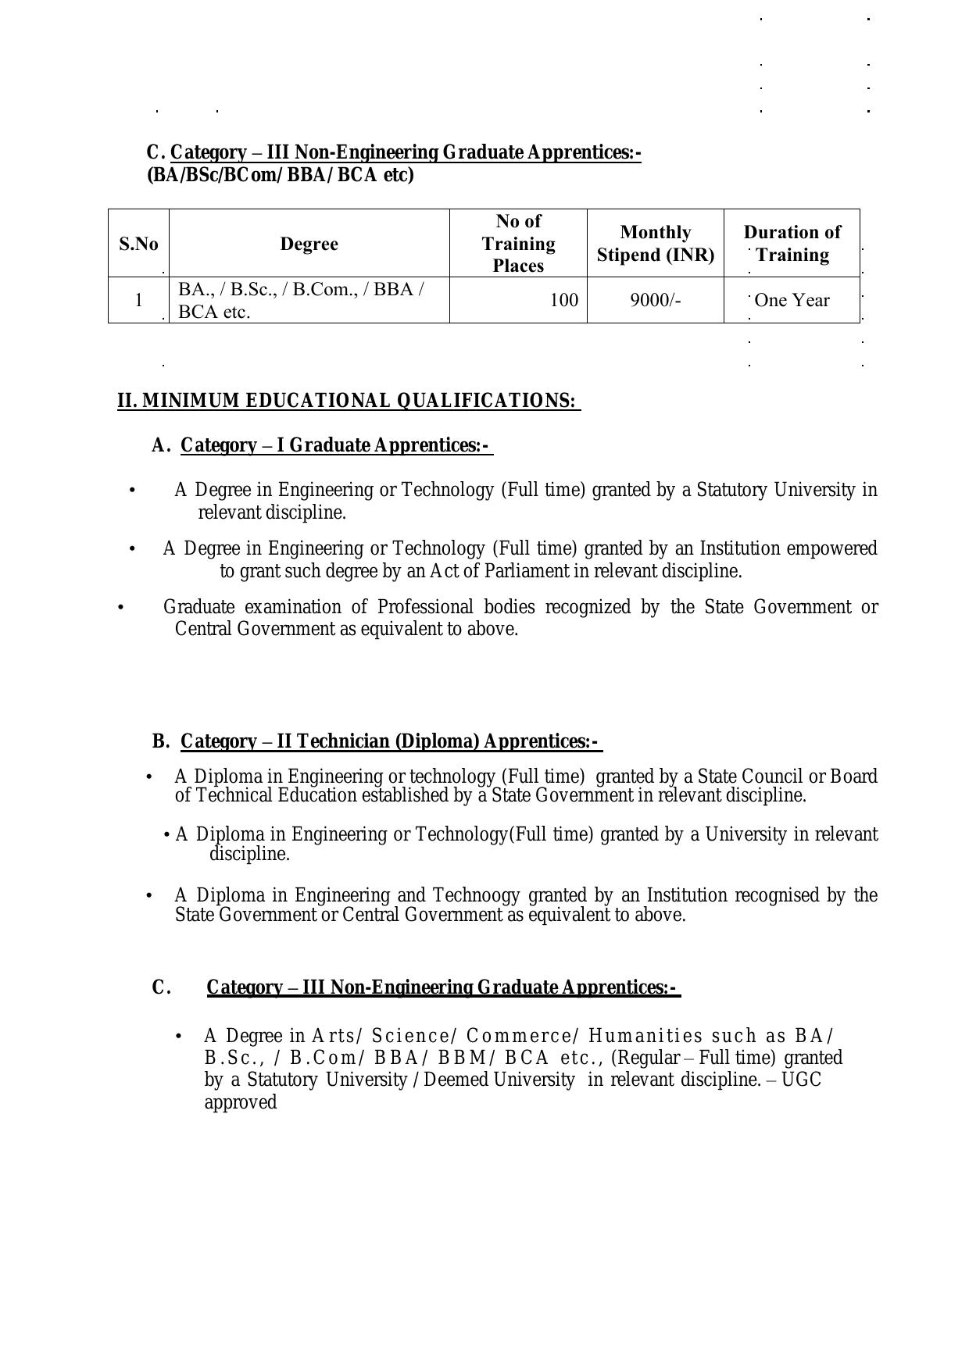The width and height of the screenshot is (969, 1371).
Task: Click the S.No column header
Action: pos(138,244)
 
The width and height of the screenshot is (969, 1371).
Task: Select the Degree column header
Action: pos(309,244)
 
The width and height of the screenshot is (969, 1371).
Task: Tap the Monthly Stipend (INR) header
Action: pos(655,244)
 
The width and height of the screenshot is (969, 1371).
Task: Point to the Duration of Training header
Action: pos(792,244)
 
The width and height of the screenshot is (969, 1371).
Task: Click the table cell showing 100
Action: pos(563,300)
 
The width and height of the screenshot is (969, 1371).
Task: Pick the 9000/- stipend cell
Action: pos(655,300)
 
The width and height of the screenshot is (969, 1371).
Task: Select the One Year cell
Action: pos(792,300)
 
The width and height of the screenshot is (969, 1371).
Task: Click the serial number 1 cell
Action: pos(138,300)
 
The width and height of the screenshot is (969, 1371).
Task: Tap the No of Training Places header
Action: pos(518,244)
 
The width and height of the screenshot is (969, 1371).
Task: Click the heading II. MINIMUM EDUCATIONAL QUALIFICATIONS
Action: pos(348,401)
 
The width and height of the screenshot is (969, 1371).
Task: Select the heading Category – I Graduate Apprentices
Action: pos(336,445)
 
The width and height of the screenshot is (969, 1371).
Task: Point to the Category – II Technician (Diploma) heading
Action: pos(391,741)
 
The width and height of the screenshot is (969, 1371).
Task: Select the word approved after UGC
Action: pos(241,1102)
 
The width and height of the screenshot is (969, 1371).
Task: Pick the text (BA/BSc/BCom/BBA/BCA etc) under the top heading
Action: pos(280,175)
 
